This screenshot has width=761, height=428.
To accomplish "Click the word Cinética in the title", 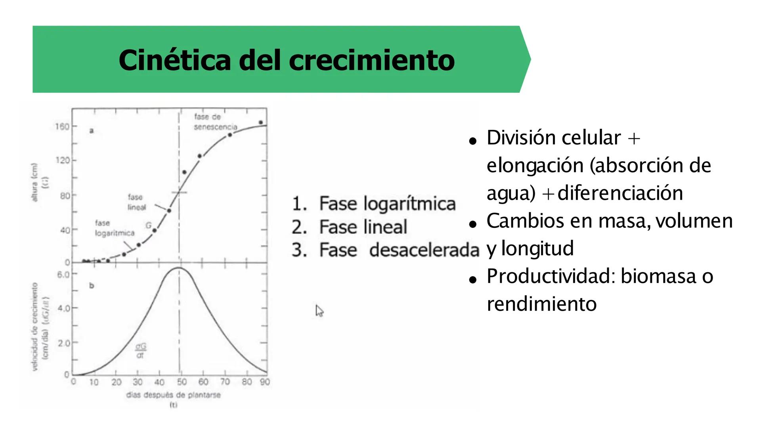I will (x=174, y=60).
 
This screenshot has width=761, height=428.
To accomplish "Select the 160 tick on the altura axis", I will (x=62, y=126).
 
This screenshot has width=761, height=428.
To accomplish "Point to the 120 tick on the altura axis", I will (x=62, y=160).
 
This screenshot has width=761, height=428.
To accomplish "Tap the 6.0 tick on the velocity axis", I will (x=63, y=275).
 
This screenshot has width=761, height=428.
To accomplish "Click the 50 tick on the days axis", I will (x=182, y=382).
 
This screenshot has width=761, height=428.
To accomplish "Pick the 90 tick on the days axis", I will (x=265, y=382).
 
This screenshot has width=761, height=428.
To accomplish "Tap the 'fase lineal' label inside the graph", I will (x=136, y=202).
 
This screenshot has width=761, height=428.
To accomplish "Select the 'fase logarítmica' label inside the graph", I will (x=114, y=228).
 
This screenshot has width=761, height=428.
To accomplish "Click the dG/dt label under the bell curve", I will (x=140, y=351).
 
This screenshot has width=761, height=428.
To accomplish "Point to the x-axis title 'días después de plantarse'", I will (x=173, y=395).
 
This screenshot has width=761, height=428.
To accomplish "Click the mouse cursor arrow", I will (x=319, y=310).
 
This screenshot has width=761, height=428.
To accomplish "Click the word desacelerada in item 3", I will (x=424, y=250).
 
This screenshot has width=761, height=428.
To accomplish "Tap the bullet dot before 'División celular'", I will (x=472, y=141).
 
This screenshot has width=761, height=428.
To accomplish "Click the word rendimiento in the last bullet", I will (x=541, y=304).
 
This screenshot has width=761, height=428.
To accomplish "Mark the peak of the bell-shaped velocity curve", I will (x=179, y=268).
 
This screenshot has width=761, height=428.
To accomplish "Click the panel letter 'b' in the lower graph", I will (x=92, y=286).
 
